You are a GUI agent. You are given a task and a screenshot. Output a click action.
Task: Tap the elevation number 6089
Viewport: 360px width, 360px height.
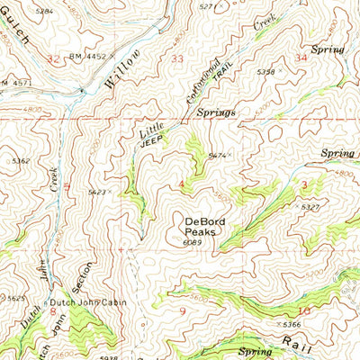click(x=191, y=241)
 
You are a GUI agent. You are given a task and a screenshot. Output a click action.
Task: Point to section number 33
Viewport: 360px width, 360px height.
click(x=176, y=59)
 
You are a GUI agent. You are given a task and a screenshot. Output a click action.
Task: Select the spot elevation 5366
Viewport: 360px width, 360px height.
click(x=291, y=323)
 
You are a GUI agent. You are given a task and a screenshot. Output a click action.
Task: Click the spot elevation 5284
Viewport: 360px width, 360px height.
click(x=42, y=13)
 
